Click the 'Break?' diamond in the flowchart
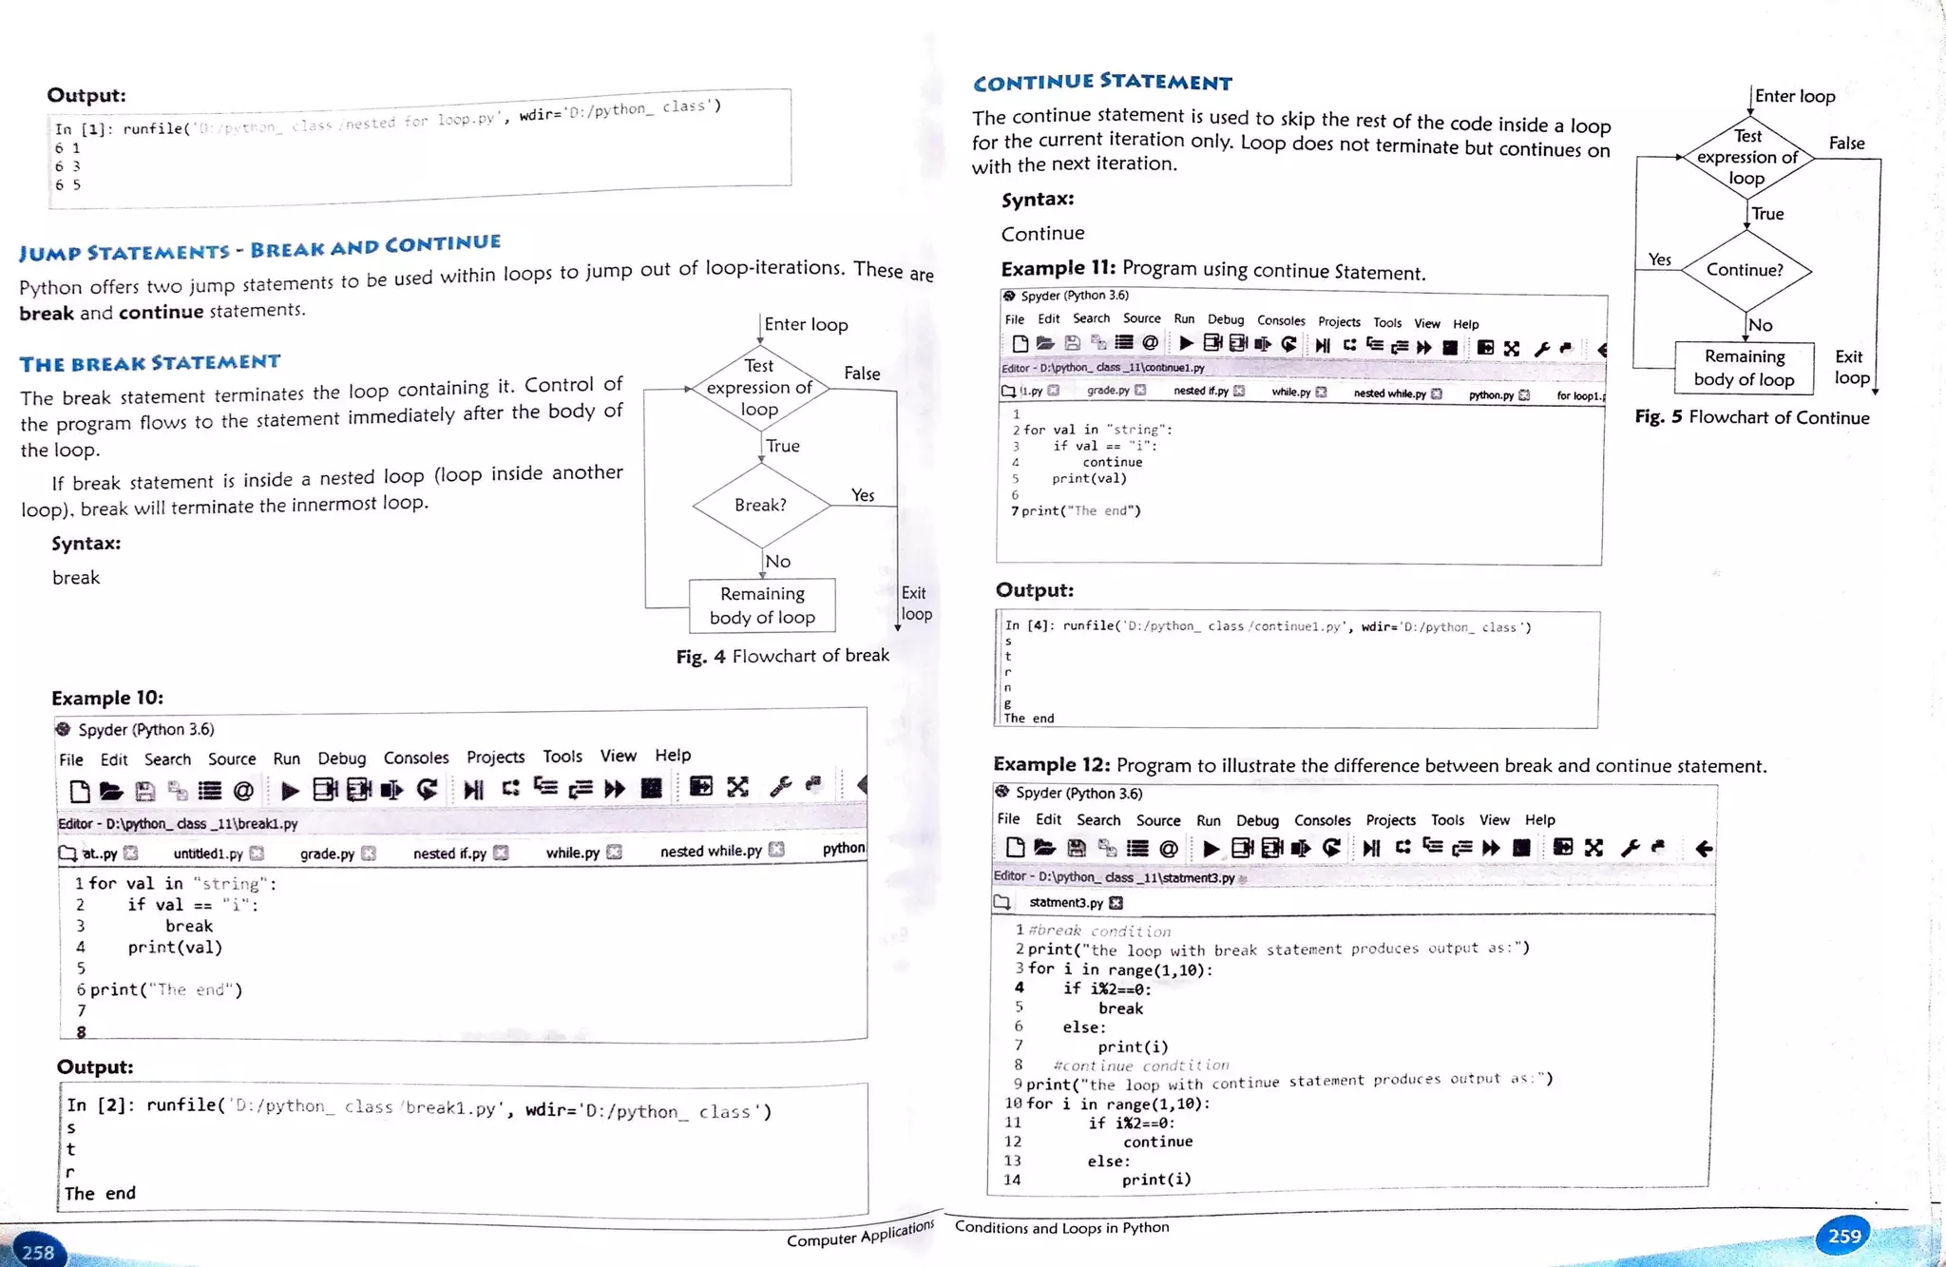[x=761, y=505]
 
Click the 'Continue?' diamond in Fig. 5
[x=1746, y=270]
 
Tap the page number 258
[x=38, y=1252]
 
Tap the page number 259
[x=1844, y=1236]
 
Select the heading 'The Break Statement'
[x=150, y=363]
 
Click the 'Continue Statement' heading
[x=1102, y=83]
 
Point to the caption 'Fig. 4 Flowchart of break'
[x=782, y=656]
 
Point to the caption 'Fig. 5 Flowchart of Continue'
[x=1751, y=417]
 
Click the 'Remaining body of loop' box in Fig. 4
[x=762, y=605]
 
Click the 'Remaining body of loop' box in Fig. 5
[x=1744, y=368]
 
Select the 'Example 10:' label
[x=107, y=698]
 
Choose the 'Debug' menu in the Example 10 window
[x=342, y=758]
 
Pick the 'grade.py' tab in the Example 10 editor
[x=327, y=854]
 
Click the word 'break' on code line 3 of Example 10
[x=189, y=926]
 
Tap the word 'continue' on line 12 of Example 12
[x=1157, y=1142]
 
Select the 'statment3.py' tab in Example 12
[x=1066, y=902]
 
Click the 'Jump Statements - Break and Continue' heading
[x=259, y=248]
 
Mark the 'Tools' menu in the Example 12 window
[x=1447, y=820]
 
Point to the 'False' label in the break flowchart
[x=862, y=374]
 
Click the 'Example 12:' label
[x=1051, y=764]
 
